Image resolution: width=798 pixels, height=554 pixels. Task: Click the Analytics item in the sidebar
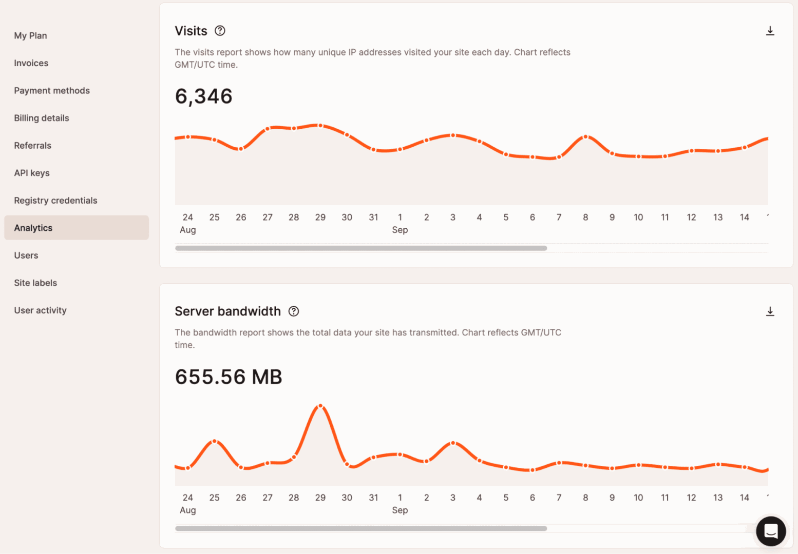click(x=33, y=228)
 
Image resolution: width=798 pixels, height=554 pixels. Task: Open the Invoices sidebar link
click(x=31, y=63)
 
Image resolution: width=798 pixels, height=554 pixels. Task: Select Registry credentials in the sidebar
click(x=55, y=201)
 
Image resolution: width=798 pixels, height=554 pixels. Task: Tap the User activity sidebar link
click(x=40, y=310)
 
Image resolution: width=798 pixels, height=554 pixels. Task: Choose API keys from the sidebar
click(x=32, y=173)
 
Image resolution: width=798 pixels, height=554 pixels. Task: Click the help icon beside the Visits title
click(x=220, y=31)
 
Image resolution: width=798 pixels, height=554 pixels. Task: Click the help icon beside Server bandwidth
click(x=294, y=311)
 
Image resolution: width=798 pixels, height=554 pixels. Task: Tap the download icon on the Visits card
click(x=770, y=31)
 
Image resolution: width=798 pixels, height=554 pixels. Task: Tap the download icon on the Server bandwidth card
click(x=770, y=311)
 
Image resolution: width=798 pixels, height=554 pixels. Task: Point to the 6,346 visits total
click(x=204, y=96)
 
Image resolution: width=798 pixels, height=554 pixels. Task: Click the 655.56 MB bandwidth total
click(x=229, y=377)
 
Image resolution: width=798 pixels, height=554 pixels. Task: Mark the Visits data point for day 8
click(x=585, y=137)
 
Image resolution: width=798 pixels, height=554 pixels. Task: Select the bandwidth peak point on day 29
click(x=320, y=406)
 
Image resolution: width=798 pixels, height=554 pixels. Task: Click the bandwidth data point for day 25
click(x=215, y=441)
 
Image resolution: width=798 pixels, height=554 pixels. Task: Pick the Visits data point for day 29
click(x=320, y=125)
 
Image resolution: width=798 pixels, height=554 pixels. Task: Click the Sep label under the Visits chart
click(x=400, y=230)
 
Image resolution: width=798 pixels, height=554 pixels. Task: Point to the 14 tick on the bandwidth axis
click(x=744, y=498)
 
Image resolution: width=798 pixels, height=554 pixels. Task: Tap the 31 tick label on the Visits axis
click(x=373, y=217)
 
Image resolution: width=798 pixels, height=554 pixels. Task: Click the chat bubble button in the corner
click(x=771, y=531)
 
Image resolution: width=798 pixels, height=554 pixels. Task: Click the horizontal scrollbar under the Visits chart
click(x=361, y=248)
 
